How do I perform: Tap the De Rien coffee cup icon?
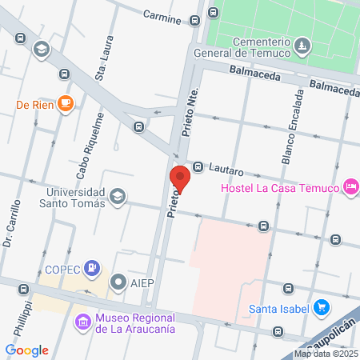pyautogui.click(x=65, y=102)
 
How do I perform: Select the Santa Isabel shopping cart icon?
pyautogui.click(x=321, y=308)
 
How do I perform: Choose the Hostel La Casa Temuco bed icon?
pyautogui.click(x=350, y=187)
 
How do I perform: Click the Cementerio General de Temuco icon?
pyautogui.click(x=301, y=45)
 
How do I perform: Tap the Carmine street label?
pyautogui.click(x=162, y=15)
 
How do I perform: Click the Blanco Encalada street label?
pyautogui.click(x=292, y=125)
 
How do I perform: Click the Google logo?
pyautogui.click(x=27, y=350)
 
